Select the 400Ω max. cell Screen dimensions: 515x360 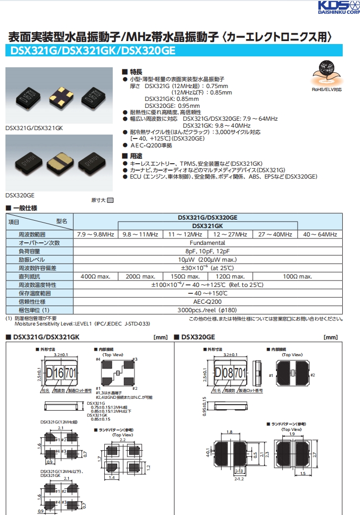[95, 277]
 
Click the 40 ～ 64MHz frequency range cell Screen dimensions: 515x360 [320, 234]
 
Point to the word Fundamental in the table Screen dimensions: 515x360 [208, 243]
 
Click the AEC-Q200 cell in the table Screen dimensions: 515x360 [208, 302]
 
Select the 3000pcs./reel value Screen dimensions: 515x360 [208, 310]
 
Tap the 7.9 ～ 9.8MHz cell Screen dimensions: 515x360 [95, 234]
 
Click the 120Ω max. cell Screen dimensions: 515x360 [230, 277]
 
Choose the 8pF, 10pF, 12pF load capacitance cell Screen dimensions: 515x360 [208, 251]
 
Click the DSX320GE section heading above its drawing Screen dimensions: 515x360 [198, 337]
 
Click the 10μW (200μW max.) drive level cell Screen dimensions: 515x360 [208, 260]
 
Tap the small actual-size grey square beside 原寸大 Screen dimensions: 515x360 [110, 200]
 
